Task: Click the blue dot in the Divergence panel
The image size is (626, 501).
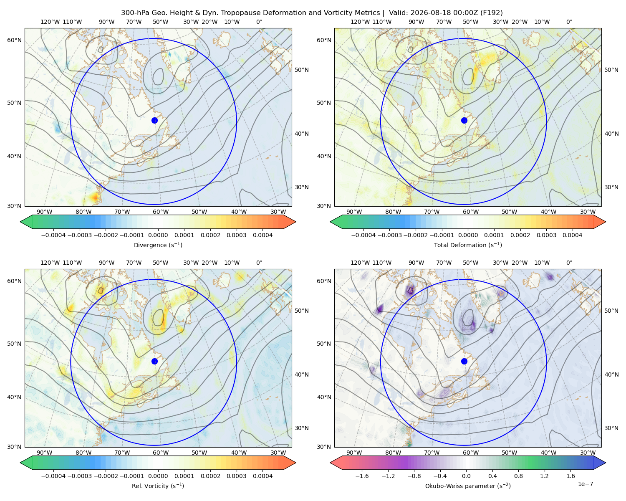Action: point(154,121)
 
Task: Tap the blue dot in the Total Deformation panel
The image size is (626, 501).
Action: point(464,121)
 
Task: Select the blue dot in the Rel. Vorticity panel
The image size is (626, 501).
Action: point(154,361)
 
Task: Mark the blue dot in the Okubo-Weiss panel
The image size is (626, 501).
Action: point(464,361)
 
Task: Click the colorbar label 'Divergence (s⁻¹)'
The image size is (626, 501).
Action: point(158,245)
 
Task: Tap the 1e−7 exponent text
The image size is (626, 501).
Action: point(585,484)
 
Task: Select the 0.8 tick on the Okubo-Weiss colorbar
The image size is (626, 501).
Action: point(518,476)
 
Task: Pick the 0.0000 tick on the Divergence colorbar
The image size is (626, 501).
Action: point(158,235)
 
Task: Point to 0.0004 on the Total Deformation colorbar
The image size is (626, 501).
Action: point(573,235)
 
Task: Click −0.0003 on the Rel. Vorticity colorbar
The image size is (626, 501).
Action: point(79,476)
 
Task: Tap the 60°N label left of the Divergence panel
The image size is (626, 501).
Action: point(15,40)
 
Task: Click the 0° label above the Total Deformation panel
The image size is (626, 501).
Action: point(569,22)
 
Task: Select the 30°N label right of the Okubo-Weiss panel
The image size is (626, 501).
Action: point(611,428)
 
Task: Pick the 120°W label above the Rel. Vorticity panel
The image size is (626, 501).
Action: point(50,263)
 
